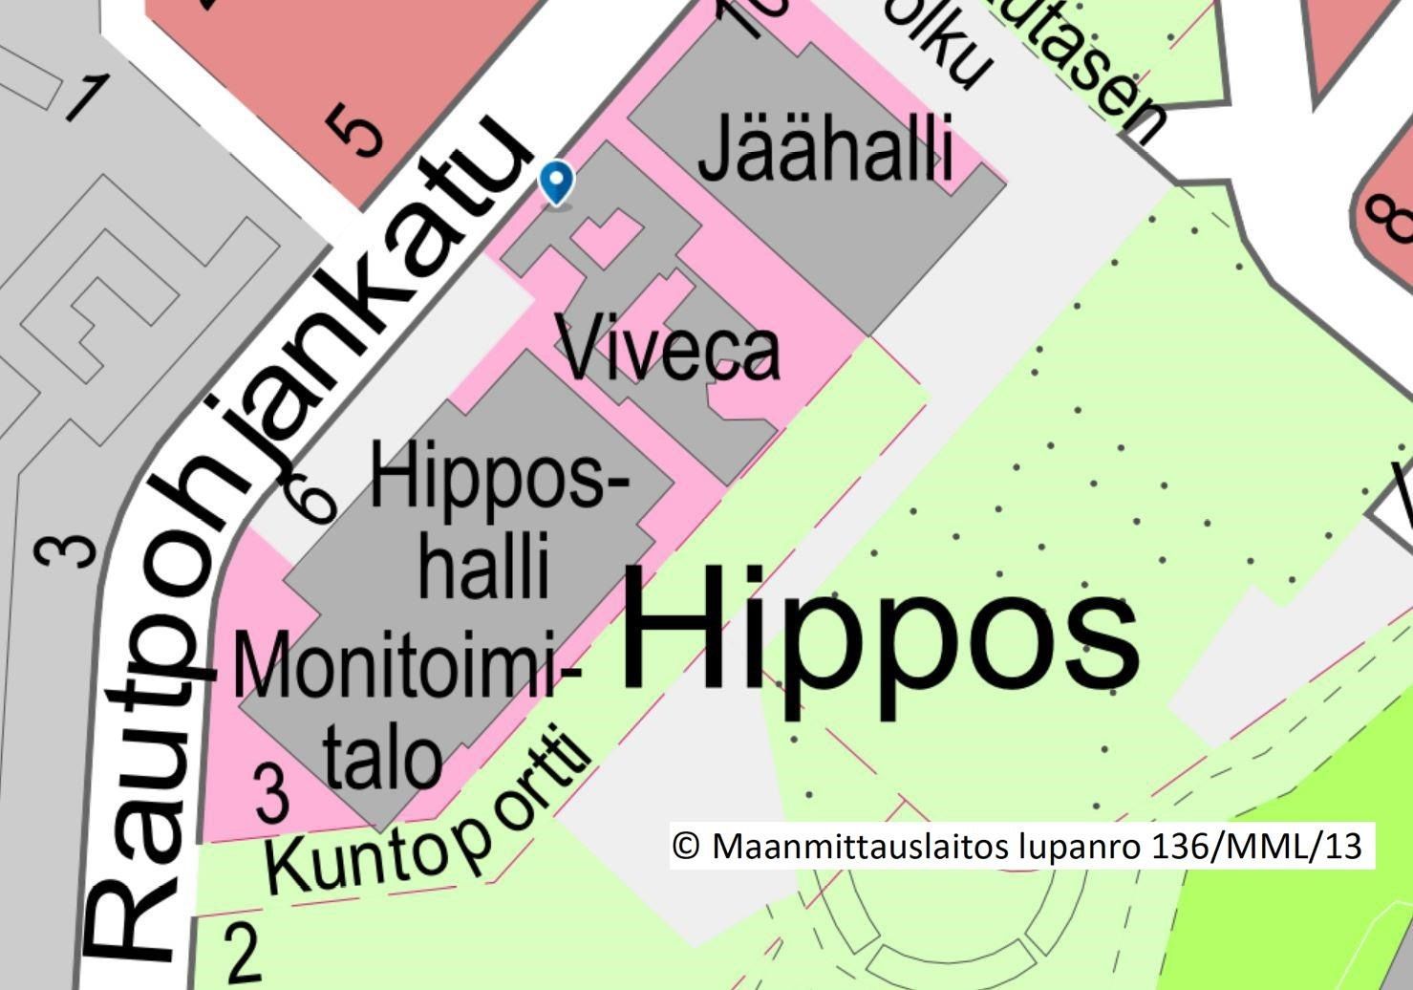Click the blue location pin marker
pyautogui.click(x=557, y=181)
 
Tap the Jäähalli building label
pyautogui.click(x=826, y=150)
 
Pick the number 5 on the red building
pyautogui.click(x=354, y=131)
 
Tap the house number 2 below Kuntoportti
pyautogui.click(x=244, y=953)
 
